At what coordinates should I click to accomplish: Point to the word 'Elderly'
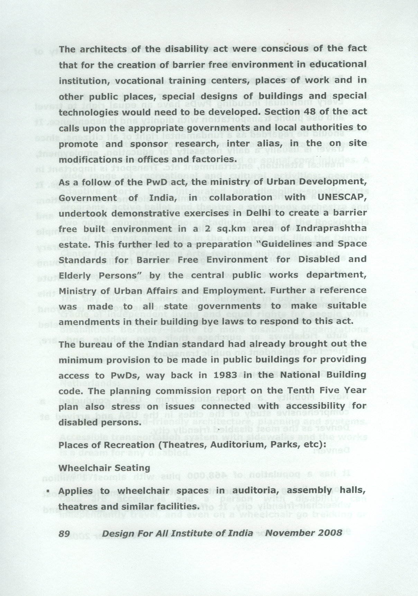(74, 275)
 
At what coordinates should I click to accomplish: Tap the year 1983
(226, 375)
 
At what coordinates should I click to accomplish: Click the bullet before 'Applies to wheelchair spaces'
(48, 491)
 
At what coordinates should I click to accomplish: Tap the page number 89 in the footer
(64, 533)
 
